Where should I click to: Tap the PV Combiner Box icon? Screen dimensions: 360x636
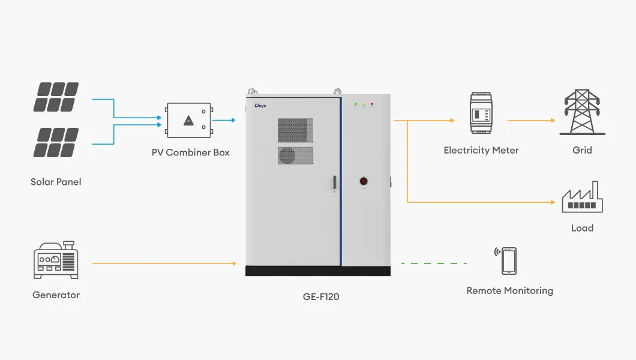[x=189, y=120]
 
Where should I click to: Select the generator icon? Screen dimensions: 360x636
[x=56, y=260]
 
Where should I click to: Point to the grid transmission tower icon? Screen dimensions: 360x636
[x=582, y=112]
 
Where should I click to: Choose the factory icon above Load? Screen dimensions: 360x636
[x=582, y=198]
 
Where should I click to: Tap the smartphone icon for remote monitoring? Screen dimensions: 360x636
[x=509, y=261]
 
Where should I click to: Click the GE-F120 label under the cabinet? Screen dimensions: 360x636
[x=321, y=296]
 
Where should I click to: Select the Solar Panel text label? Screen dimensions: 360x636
[x=56, y=181]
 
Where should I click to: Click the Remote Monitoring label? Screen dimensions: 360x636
[x=509, y=291]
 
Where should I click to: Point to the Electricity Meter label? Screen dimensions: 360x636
[x=481, y=150]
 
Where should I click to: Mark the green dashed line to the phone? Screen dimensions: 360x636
[x=433, y=263]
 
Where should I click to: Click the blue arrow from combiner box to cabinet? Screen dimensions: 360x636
[x=224, y=120]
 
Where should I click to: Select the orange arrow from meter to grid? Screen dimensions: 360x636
[x=531, y=120]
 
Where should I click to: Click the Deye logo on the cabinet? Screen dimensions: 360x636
[x=260, y=106]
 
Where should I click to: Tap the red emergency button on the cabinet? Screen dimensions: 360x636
[x=363, y=180]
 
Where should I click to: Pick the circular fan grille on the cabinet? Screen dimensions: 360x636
[x=287, y=155]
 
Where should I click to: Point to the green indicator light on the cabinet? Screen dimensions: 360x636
[x=355, y=104]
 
